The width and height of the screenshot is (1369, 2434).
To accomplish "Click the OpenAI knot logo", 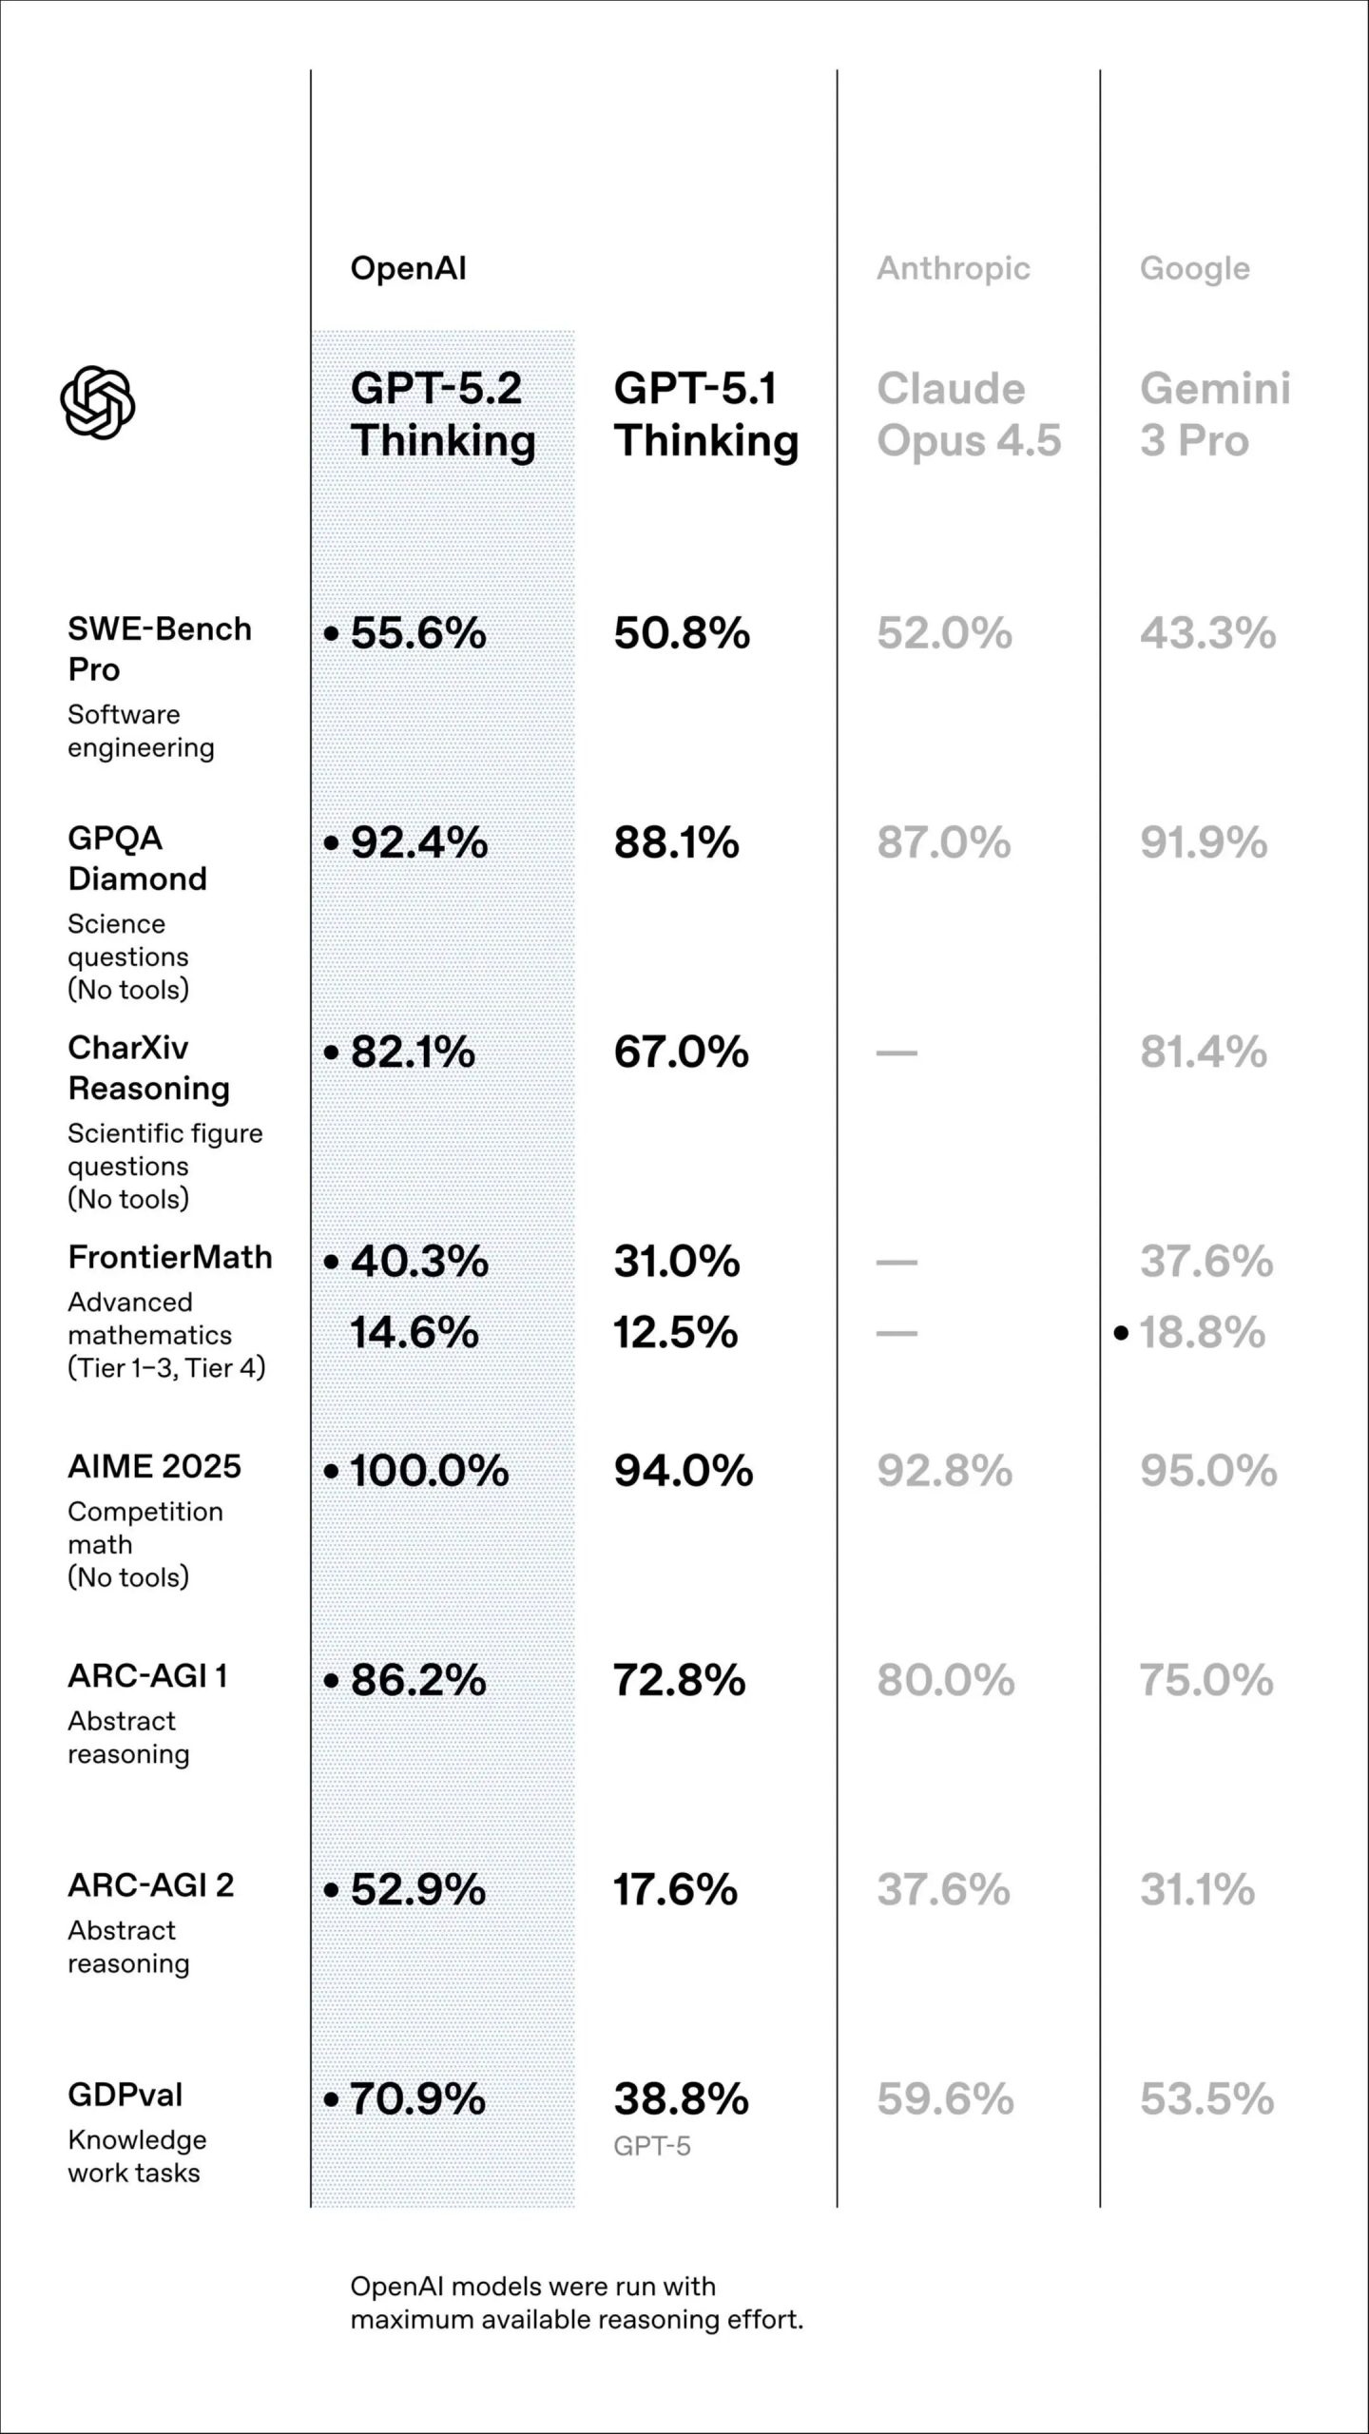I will pyautogui.click(x=98, y=402).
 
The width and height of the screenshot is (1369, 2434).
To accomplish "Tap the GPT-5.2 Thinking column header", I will pyautogui.click(x=442, y=415).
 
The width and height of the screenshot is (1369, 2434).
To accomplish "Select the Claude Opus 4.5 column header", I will pyautogui.click(x=968, y=415).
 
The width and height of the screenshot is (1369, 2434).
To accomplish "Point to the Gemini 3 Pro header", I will pyautogui.click(x=1214, y=415).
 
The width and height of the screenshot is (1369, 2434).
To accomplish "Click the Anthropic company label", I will pyautogui.click(x=953, y=268).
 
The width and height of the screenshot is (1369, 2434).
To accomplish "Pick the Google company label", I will pyautogui.click(x=1194, y=269).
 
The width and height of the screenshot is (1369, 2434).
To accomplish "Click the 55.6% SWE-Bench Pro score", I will pyautogui.click(x=418, y=633).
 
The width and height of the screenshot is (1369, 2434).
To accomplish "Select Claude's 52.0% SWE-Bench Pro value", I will pyautogui.click(x=944, y=633).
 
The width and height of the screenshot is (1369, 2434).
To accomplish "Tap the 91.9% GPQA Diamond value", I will pyautogui.click(x=1204, y=842).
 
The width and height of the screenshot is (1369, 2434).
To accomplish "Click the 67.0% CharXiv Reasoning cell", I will pyautogui.click(x=681, y=1052).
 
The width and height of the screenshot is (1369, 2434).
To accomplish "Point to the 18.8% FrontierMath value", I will pyautogui.click(x=1202, y=1332).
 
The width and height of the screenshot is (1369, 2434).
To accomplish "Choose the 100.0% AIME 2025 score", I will pyautogui.click(x=429, y=1471).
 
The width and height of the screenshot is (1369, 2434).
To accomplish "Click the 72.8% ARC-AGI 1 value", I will pyautogui.click(x=679, y=1680).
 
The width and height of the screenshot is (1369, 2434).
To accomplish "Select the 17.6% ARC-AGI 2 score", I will pyautogui.click(x=675, y=1889).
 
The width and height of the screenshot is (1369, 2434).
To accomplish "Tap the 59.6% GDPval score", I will pyautogui.click(x=945, y=2098).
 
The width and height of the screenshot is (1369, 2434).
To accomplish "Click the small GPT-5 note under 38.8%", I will pyautogui.click(x=652, y=2146).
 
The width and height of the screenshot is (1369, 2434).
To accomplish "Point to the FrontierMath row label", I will pyautogui.click(x=170, y=1257).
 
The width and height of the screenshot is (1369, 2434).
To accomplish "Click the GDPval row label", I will pyautogui.click(x=125, y=2095).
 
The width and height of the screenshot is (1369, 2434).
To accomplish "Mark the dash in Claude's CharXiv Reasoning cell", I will pyautogui.click(x=897, y=1053).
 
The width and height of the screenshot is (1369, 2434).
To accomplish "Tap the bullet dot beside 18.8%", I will pyautogui.click(x=1121, y=1333).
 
